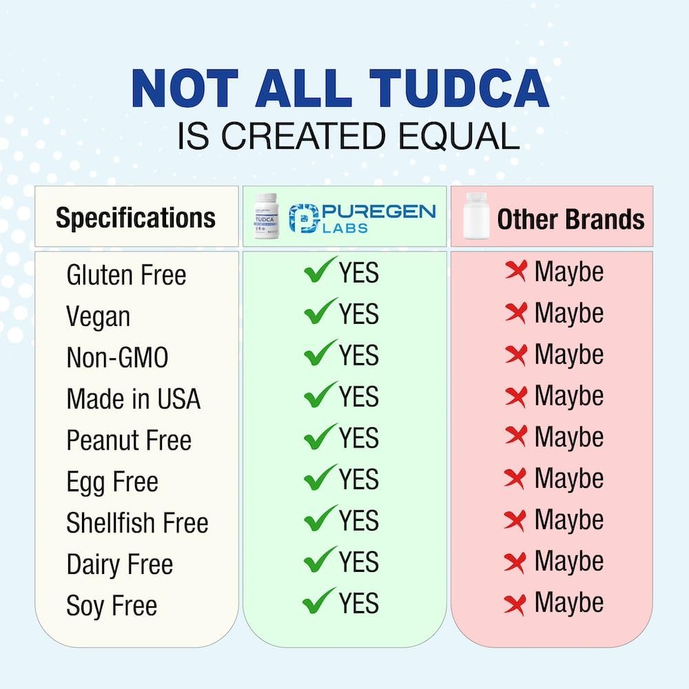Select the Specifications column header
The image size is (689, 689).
pyautogui.click(x=136, y=218)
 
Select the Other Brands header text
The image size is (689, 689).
pyautogui.click(x=570, y=219)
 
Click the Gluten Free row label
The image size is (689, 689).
pyautogui.click(x=126, y=276)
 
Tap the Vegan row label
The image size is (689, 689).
pyautogui.click(x=98, y=317)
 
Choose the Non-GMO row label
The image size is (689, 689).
pyautogui.click(x=117, y=358)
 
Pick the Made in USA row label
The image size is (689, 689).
pyautogui.click(x=133, y=399)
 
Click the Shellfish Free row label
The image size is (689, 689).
pyautogui.click(x=137, y=523)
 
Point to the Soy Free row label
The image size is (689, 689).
pyautogui.click(x=112, y=606)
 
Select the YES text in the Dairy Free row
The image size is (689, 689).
pyautogui.click(x=358, y=562)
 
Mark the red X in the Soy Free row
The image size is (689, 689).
pyautogui.click(x=515, y=604)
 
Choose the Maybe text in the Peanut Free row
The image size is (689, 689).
pyautogui.click(x=568, y=438)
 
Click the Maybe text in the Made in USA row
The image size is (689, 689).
pyautogui.click(x=568, y=396)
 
